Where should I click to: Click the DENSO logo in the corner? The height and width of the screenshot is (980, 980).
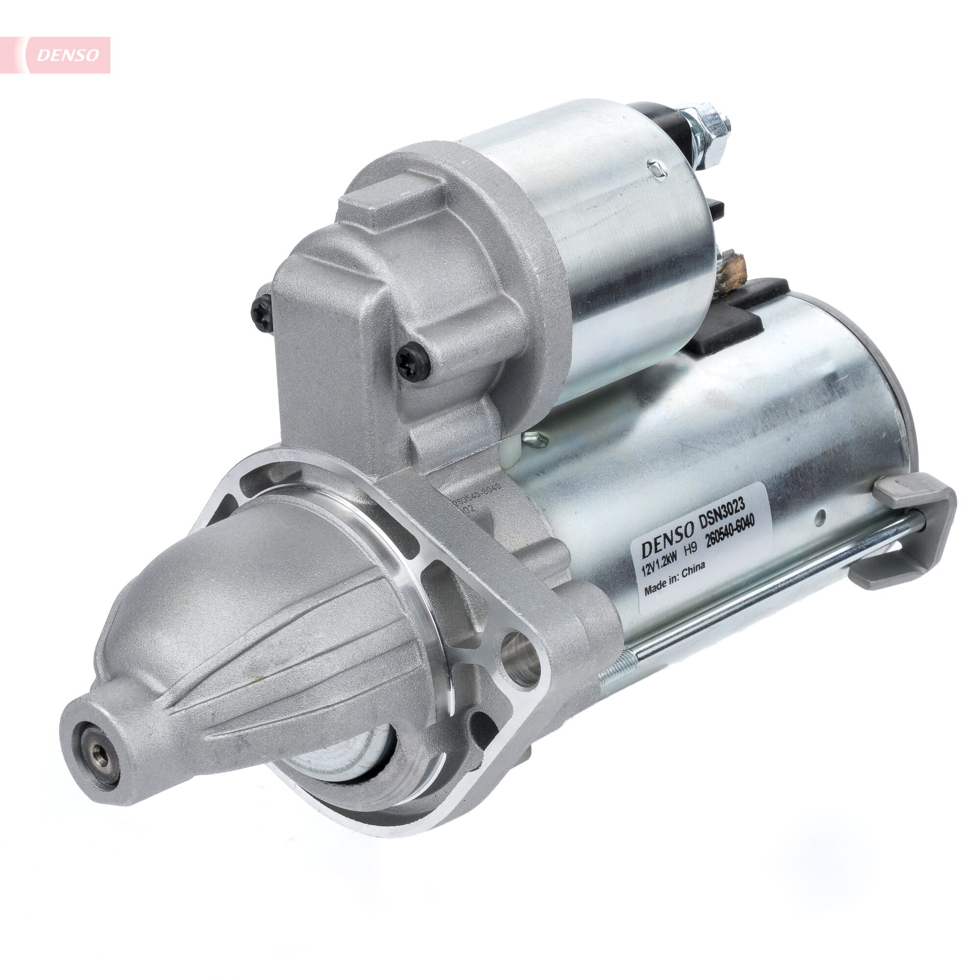point(68,55)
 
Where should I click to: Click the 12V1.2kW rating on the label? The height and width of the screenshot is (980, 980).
point(658,569)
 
